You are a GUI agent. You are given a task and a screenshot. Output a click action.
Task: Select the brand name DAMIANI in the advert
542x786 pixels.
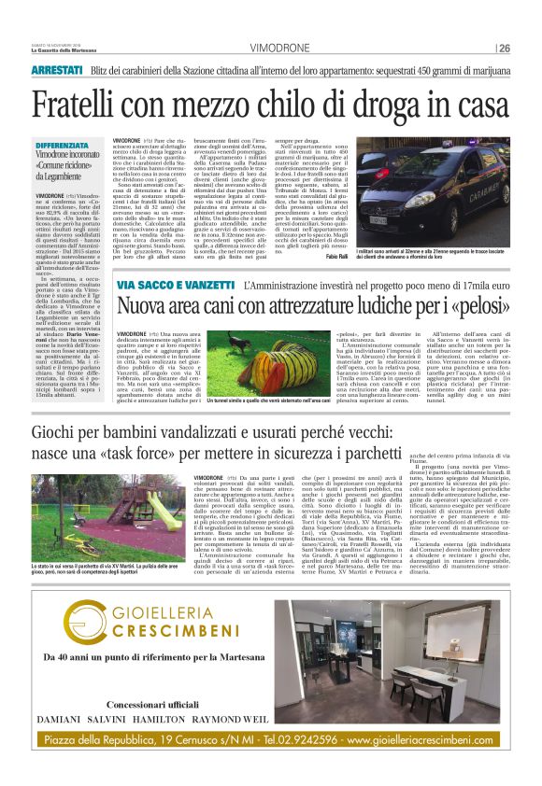(57, 720)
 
